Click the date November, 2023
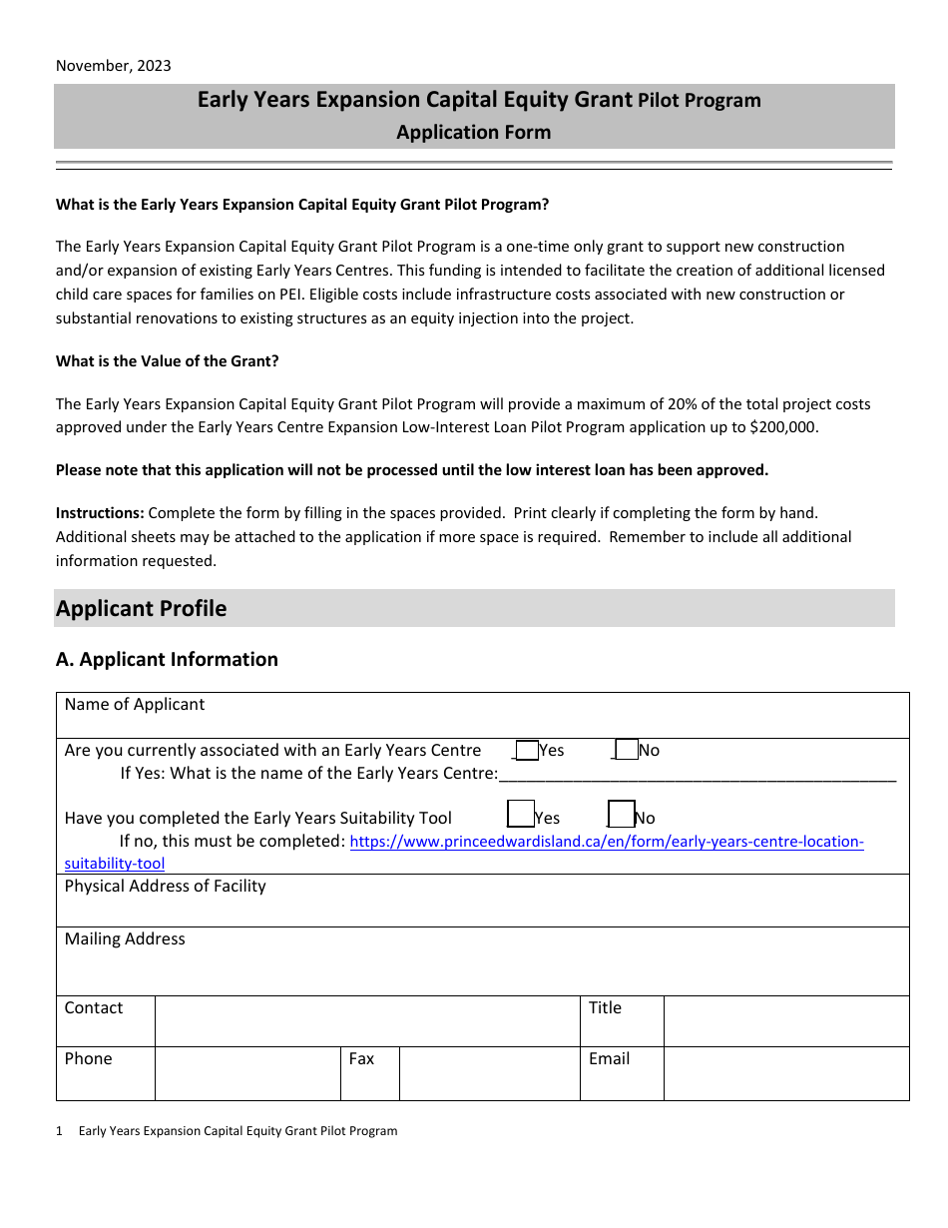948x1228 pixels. point(113,66)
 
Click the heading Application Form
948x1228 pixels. point(473,132)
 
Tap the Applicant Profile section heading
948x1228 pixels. point(142,609)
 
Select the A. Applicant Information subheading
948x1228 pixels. point(167,659)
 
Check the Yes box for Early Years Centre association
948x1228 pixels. point(527,750)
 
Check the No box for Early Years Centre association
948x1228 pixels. point(627,750)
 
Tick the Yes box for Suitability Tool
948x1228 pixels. point(521,815)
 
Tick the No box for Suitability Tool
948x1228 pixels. point(621,815)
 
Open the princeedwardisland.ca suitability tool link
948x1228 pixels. point(606,842)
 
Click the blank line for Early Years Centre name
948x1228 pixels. point(697,775)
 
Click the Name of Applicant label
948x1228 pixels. point(135,705)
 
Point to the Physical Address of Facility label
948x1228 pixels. point(166,887)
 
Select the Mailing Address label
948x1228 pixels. point(125,939)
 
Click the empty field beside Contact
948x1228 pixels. point(367,1020)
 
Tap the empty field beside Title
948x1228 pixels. point(785,1020)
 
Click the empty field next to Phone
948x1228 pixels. point(247,1073)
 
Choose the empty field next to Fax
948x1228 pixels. point(489,1073)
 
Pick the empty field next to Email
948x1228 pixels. point(785,1073)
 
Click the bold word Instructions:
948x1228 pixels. point(100,513)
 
